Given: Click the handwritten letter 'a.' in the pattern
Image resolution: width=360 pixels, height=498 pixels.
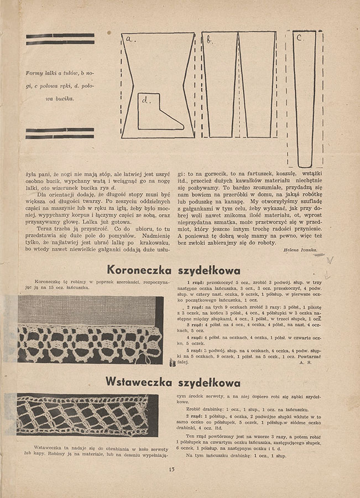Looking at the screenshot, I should click(x=131, y=39).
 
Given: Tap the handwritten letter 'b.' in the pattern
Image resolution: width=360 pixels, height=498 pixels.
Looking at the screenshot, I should click(x=210, y=40).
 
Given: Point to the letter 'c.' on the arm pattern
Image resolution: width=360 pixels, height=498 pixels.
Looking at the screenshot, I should click(x=299, y=39).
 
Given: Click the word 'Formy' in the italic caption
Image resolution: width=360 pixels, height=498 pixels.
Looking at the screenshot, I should click(x=36, y=72).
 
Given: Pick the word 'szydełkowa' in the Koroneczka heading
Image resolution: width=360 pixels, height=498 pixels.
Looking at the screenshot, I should click(x=210, y=271).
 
